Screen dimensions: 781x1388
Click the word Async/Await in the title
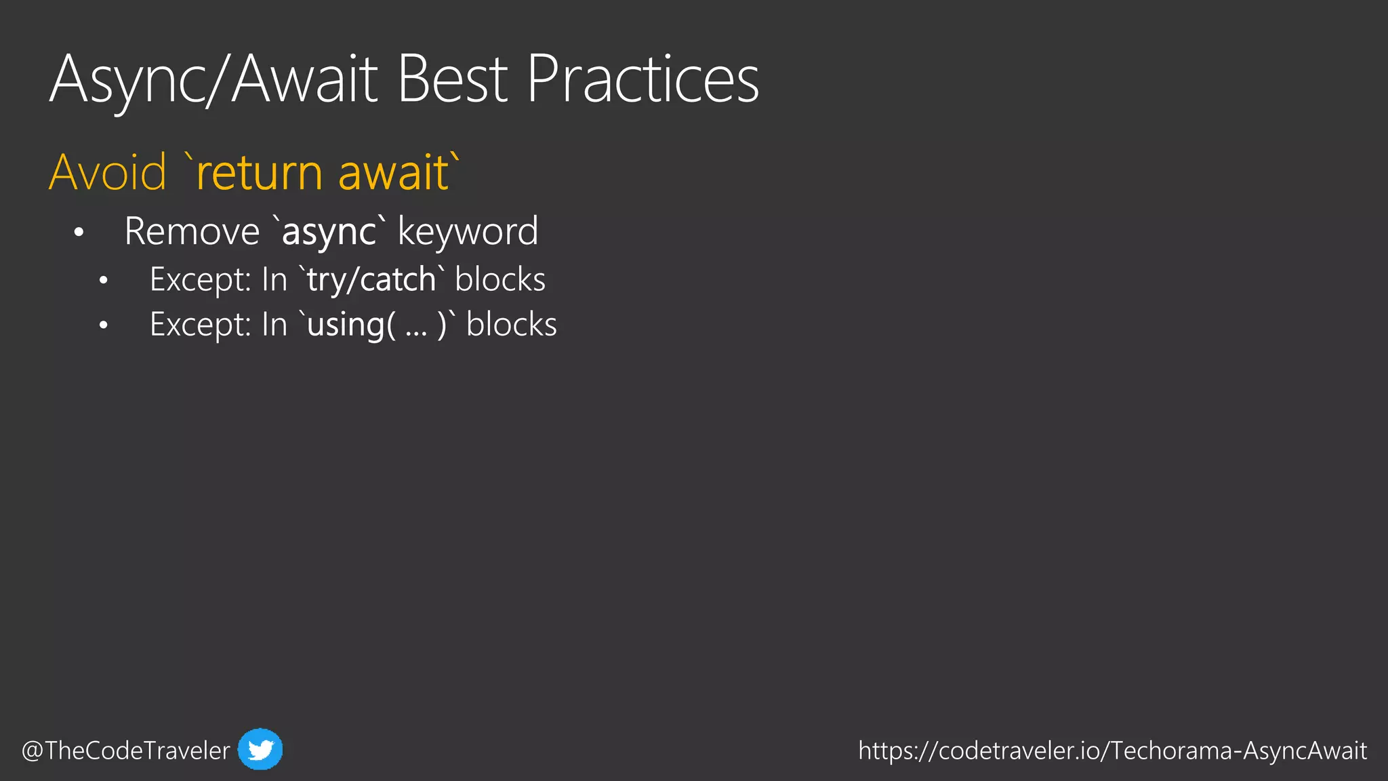tap(213, 80)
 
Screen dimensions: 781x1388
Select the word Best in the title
tap(452, 80)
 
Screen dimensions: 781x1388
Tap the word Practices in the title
tap(642, 80)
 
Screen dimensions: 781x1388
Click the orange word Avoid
tap(108, 172)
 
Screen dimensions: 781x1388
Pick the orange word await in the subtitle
tap(393, 172)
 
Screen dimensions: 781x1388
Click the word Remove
tap(192, 232)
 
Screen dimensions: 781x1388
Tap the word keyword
tap(468, 232)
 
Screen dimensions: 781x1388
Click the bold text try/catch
tap(371, 280)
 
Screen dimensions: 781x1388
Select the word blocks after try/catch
tap(500, 280)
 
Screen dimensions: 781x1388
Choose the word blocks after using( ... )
tap(512, 325)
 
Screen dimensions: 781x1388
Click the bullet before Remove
tap(79, 233)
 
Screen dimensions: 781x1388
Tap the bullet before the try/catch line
tap(103, 281)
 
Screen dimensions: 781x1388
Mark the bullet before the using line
tap(103, 326)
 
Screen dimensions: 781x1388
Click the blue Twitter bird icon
tap(260, 749)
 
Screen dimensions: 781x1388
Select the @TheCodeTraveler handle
tap(126, 750)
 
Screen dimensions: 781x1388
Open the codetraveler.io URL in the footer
tap(1112, 750)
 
